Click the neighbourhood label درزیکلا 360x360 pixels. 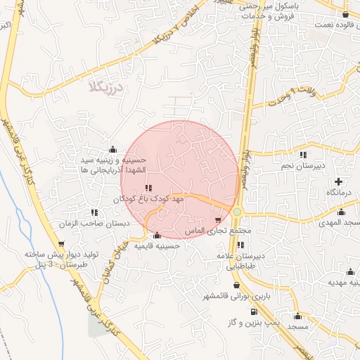[x=106, y=87]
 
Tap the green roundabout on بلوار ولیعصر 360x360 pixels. [x=238, y=212]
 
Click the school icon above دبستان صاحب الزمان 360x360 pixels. [x=94, y=212]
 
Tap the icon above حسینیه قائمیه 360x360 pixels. [x=156, y=236]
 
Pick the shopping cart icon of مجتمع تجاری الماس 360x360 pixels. [x=226, y=219]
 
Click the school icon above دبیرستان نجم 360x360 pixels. [x=303, y=155]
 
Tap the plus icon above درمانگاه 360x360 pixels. [x=339, y=181]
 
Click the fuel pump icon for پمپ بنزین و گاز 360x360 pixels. [x=254, y=311]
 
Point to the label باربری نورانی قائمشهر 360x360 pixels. [x=234, y=297]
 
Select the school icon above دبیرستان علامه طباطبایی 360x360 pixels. [x=241, y=245]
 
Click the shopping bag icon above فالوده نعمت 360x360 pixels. [x=345, y=14]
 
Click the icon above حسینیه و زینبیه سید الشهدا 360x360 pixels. [x=113, y=149]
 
